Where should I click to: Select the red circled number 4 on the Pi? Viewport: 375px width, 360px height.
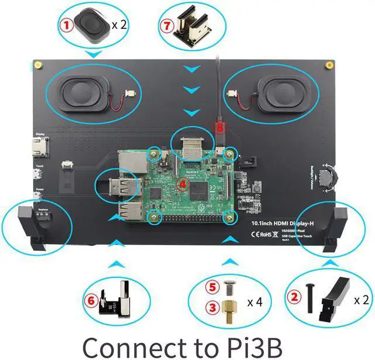click(182, 183)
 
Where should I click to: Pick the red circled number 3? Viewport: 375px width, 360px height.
click(213, 307)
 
